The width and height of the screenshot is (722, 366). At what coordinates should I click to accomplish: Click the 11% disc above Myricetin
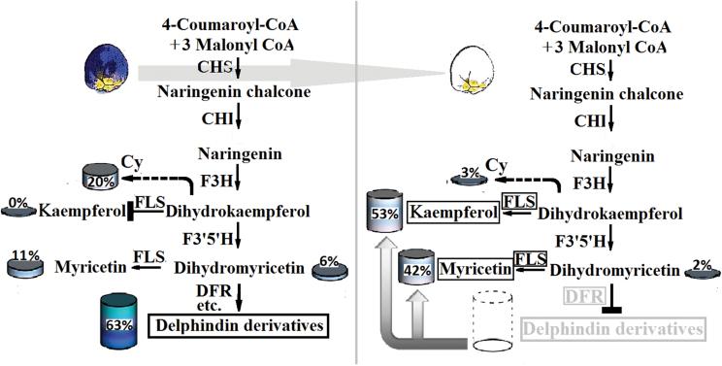point(27,263)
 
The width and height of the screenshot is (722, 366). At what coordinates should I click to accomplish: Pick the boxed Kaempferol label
point(447,211)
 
